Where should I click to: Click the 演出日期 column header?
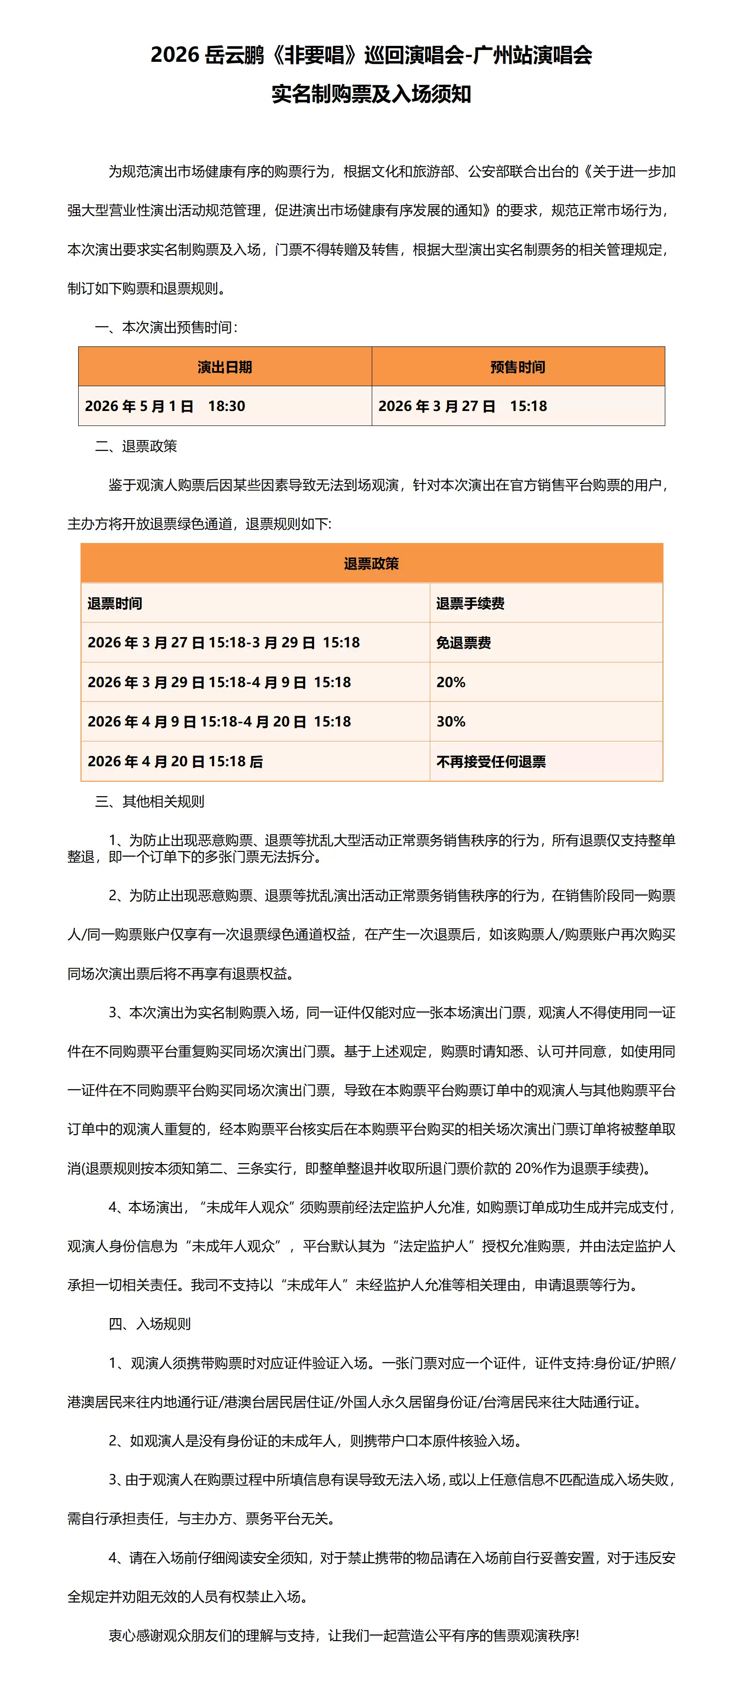point(225,367)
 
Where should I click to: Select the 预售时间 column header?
point(518,367)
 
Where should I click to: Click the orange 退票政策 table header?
point(372,563)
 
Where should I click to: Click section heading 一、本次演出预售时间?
point(166,327)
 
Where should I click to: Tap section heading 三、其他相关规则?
point(150,801)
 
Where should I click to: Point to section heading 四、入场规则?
point(150,1324)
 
